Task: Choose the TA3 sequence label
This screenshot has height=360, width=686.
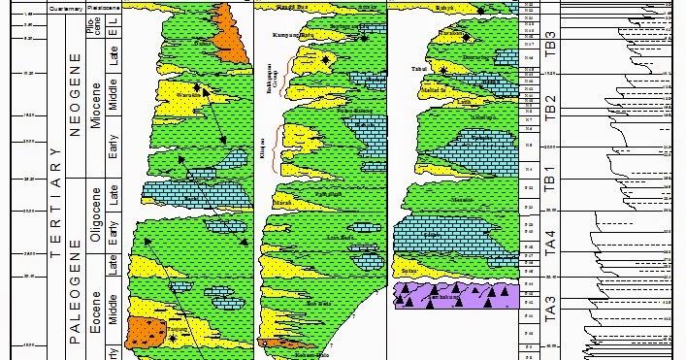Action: click(x=550, y=308)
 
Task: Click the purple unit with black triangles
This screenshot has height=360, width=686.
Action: click(x=447, y=296)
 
